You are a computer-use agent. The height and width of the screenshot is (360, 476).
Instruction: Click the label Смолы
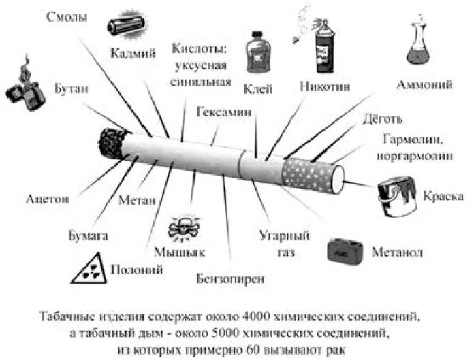tap(67, 17)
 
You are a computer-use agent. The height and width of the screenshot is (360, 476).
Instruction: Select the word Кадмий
tap(133, 53)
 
